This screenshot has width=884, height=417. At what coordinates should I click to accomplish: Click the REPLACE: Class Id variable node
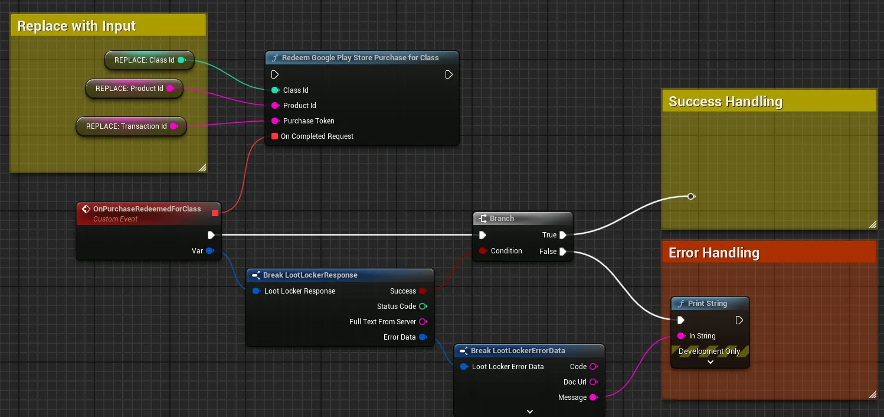click(x=149, y=60)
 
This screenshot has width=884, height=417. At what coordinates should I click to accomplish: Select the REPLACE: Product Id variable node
click(x=134, y=89)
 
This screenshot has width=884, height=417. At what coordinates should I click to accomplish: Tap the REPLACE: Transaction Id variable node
click(x=131, y=126)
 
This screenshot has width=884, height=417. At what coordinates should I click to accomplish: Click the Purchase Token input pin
click(x=276, y=121)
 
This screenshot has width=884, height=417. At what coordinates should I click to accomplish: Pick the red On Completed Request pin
click(x=274, y=136)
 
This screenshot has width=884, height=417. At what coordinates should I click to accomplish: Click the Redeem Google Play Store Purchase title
click(x=360, y=58)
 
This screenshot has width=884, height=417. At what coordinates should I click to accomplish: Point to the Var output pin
click(x=210, y=251)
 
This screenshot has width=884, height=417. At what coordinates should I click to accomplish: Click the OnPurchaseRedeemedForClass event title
click(x=147, y=209)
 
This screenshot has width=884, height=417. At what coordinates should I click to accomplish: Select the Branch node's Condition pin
click(x=483, y=251)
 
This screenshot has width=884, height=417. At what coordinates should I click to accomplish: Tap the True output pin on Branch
click(x=563, y=235)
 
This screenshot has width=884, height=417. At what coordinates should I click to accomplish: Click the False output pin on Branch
click(x=563, y=252)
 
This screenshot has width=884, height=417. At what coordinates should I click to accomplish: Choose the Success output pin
click(x=423, y=291)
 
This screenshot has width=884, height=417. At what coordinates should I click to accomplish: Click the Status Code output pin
click(x=423, y=307)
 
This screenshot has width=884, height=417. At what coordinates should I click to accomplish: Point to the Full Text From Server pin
click(x=423, y=322)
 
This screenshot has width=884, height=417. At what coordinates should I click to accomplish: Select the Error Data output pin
click(x=423, y=337)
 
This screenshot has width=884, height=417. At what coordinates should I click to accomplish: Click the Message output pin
click(x=594, y=398)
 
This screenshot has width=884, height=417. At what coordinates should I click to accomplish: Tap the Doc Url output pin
click(x=594, y=382)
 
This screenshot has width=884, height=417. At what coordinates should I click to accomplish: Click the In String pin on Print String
click(x=682, y=336)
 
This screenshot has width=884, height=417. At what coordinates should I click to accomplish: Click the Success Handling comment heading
click(x=725, y=102)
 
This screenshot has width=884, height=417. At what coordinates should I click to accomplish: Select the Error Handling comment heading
click(x=714, y=253)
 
